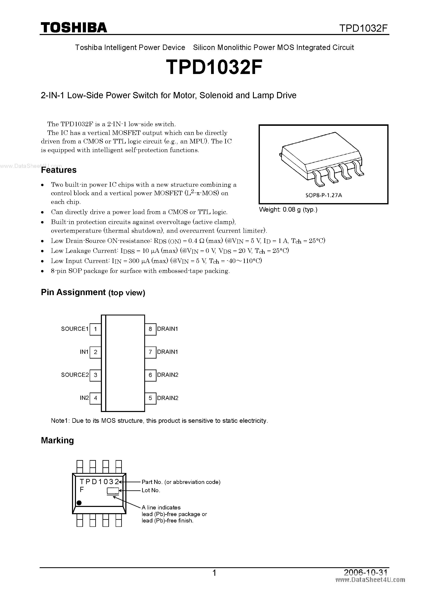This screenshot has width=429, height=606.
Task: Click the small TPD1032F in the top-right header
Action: click(363, 28)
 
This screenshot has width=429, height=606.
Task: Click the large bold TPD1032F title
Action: click(214, 68)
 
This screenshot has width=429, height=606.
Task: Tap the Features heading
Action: click(59, 170)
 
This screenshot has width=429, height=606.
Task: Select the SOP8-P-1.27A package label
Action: click(324, 195)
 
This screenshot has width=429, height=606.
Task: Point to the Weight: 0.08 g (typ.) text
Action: click(288, 210)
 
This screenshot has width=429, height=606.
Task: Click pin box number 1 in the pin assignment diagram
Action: click(95, 329)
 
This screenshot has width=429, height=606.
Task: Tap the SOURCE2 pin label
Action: click(75, 375)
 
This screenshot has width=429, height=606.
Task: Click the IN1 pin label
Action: click(84, 352)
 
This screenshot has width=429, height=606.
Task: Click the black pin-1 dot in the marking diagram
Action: click(79, 503)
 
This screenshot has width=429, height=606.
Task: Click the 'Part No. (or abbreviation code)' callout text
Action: click(181, 482)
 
